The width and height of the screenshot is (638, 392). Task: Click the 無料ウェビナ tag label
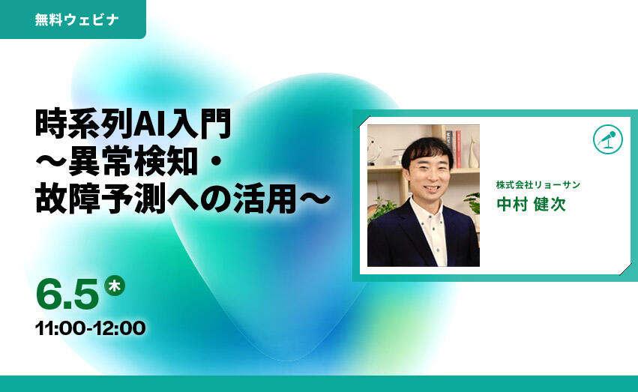(76, 19)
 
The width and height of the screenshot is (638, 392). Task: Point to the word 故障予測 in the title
(100, 199)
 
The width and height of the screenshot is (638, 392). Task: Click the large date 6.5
(67, 294)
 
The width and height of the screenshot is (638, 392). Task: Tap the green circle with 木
(115, 286)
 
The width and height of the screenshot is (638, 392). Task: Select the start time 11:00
(60, 328)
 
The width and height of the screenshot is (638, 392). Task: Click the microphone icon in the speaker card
(608, 139)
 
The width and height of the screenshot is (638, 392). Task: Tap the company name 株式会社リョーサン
(538, 185)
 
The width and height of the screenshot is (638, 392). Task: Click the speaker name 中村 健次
(531, 204)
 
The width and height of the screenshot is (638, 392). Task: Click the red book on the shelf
(459, 149)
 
